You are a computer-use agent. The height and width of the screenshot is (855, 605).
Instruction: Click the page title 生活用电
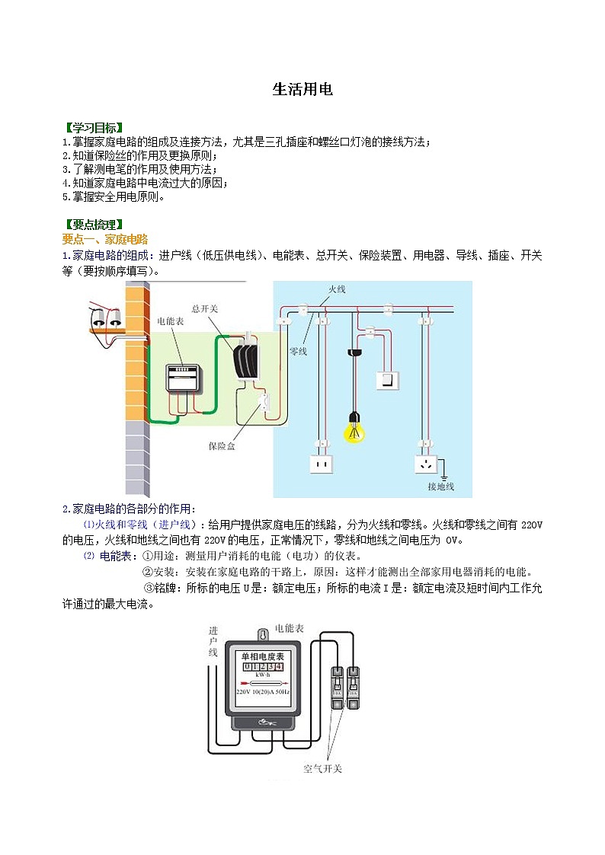302,90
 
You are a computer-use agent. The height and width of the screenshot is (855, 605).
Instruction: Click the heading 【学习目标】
94,127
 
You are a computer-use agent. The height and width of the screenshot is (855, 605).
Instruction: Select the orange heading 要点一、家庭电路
105,239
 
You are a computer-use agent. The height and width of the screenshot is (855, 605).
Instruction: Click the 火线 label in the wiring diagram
337,289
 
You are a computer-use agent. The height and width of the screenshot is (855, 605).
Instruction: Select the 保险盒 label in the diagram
222,445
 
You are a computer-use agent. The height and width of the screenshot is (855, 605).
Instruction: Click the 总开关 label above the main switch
205,308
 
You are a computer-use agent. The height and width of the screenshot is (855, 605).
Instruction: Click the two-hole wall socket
322,463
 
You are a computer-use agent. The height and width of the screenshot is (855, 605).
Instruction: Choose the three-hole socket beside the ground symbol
424,463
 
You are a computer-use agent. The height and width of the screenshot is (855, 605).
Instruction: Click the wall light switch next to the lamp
390,378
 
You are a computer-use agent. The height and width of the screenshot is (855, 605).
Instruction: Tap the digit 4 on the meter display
279,666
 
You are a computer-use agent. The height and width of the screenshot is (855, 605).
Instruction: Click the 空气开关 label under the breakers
322,768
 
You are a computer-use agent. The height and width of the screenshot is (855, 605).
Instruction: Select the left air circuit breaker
337,686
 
